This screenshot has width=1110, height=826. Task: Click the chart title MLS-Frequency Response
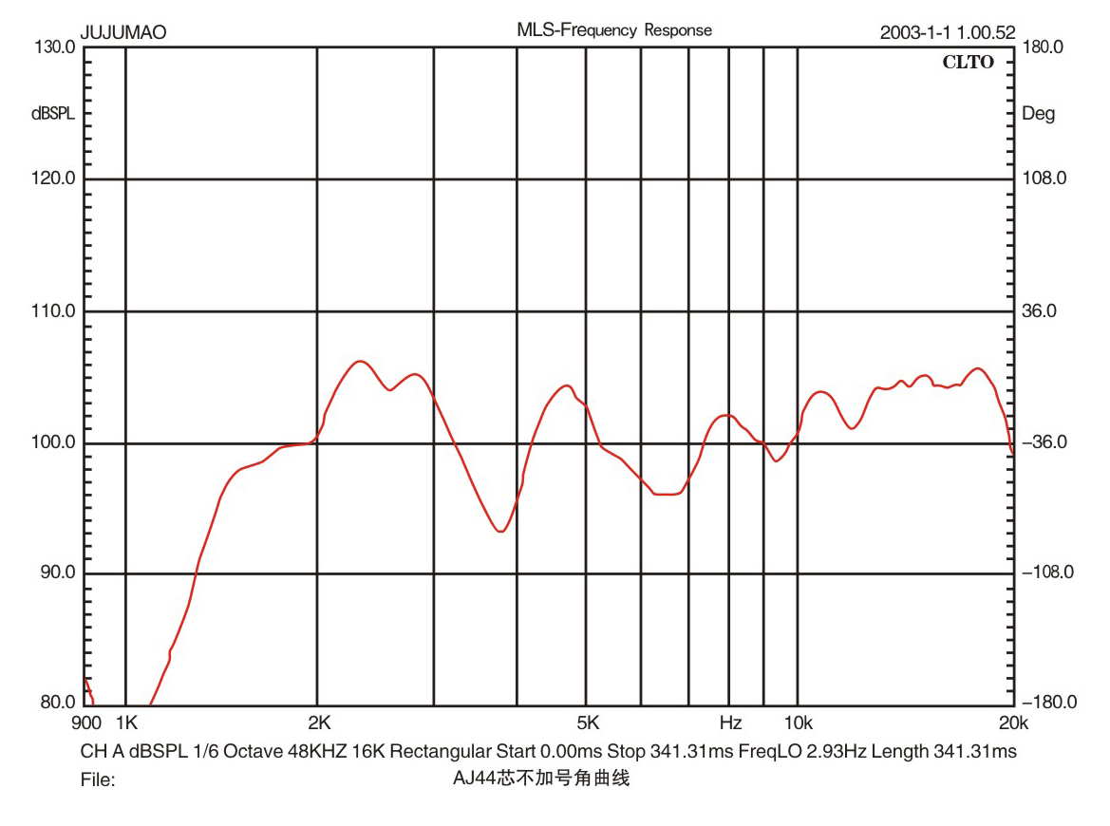coord(613,30)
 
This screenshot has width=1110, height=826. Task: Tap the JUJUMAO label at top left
coord(123,33)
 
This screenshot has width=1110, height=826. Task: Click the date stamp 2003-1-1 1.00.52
coord(948,33)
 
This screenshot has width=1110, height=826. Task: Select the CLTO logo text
coord(968,63)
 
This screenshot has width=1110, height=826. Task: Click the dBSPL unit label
coord(52,114)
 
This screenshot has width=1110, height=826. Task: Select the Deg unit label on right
coord(1038,114)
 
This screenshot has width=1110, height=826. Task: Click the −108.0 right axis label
coord(1045,573)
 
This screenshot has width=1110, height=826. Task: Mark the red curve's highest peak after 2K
coord(360,361)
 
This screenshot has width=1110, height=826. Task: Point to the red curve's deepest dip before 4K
coord(500,532)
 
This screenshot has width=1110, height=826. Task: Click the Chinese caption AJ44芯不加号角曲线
coord(542,780)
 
